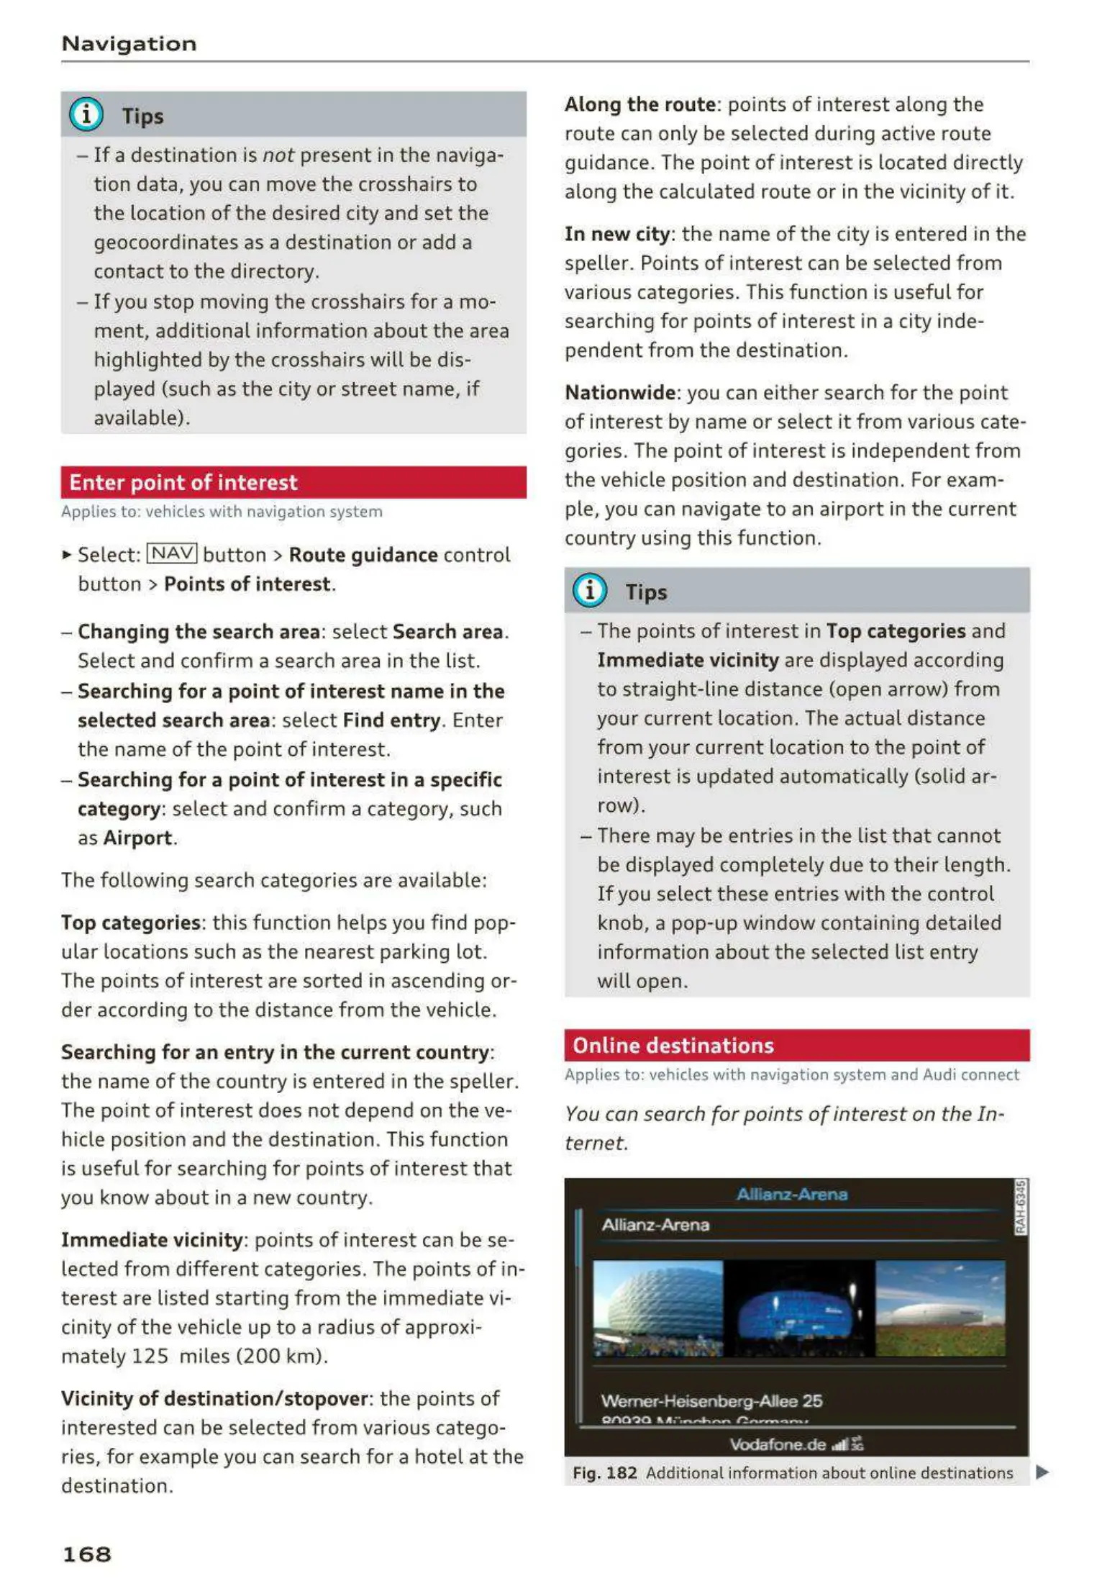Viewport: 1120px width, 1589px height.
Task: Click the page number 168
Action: coord(87,1554)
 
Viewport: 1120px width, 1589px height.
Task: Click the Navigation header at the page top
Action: coord(129,44)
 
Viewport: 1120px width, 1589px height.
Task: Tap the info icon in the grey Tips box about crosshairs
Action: coord(86,114)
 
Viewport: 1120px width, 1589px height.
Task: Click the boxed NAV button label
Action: coord(172,553)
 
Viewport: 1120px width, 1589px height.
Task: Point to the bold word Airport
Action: coord(137,838)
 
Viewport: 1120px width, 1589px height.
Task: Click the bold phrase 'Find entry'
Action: coord(391,720)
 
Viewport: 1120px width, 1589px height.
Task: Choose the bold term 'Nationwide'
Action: coord(619,393)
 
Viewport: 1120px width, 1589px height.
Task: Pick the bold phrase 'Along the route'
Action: coord(639,105)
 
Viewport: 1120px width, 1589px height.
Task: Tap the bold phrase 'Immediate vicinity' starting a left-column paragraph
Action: coord(152,1240)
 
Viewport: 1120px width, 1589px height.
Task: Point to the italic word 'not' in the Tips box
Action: coord(278,155)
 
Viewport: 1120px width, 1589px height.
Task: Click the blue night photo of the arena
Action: coord(798,1308)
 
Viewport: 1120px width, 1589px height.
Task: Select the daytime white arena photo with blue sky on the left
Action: coord(657,1308)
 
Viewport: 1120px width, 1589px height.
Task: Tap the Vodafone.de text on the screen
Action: coord(777,1444)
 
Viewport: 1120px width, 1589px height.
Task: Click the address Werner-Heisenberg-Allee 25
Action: coord(711,1400)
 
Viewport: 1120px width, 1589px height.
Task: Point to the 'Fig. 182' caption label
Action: coord(604,1473)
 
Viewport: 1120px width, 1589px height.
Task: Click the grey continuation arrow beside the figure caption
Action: coord(1042,1472)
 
